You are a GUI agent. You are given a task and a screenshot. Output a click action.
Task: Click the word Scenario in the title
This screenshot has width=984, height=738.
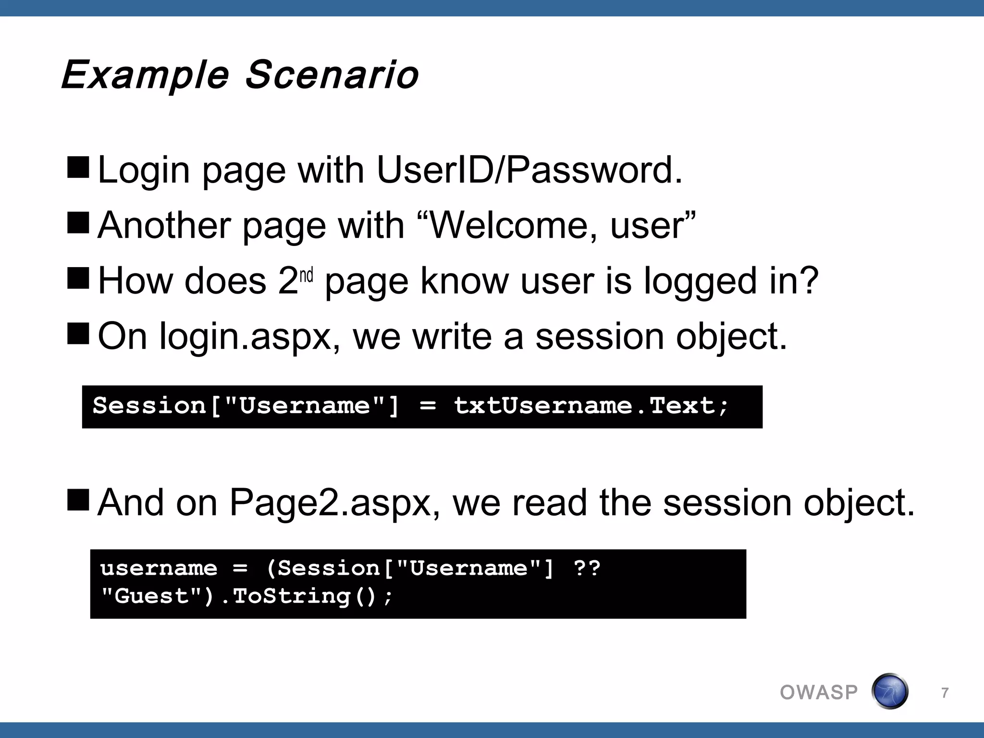point(332,75)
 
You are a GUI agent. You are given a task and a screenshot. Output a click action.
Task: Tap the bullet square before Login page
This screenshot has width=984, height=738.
point(78,167)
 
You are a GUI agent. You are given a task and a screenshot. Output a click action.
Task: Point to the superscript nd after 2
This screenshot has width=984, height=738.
point(306,276)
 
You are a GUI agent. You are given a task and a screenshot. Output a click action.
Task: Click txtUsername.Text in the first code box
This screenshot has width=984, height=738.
point(591,406)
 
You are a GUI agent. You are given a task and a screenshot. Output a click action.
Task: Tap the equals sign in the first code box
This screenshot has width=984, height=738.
point(427,406)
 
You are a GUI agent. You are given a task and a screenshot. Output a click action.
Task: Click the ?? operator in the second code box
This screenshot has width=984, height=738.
point(587,568)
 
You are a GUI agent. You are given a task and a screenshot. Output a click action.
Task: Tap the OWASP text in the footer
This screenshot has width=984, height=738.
point(819,692)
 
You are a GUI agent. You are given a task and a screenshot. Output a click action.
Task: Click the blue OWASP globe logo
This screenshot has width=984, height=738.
point(890,691)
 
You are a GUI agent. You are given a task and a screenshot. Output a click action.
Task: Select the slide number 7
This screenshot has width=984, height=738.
point(945,693)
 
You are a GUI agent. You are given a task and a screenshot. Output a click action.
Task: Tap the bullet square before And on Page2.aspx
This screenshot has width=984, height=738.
point(78,500)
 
